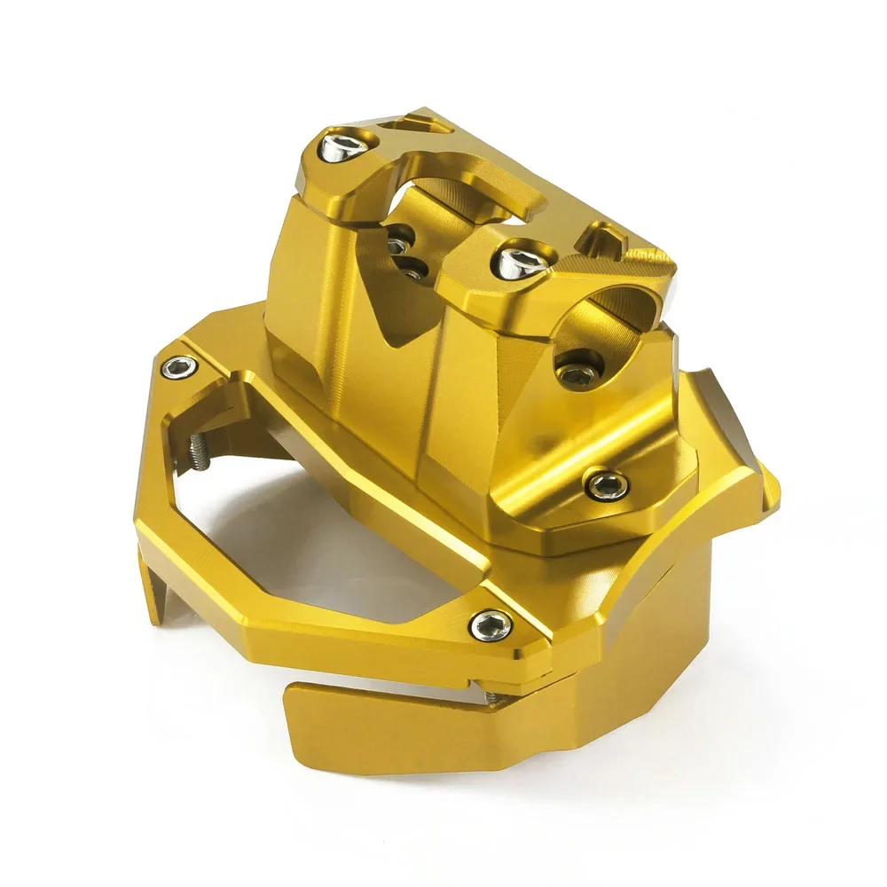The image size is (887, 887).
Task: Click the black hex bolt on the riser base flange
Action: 608,484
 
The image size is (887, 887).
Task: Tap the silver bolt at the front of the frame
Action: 491,625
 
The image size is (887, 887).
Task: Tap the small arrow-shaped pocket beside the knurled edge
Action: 598,236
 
